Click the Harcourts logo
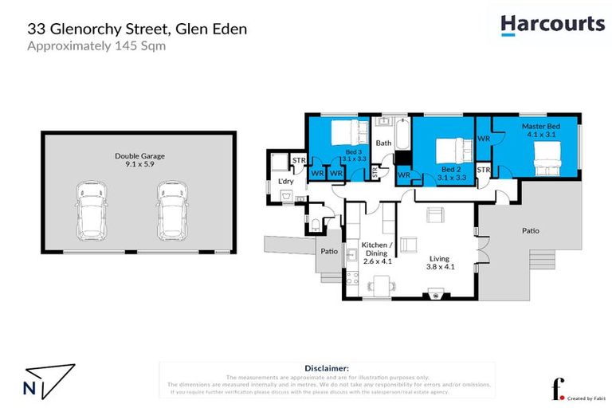(x=552, y=25)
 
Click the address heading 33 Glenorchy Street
(x=137, y=29)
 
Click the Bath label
(x=384, y=143)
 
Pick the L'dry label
(x=285, y=182)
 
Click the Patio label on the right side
(x=530, y=231)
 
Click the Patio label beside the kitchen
(x=328, y=252)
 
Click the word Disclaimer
(x=328, y=369)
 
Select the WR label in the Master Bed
(x=484, y=139)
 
